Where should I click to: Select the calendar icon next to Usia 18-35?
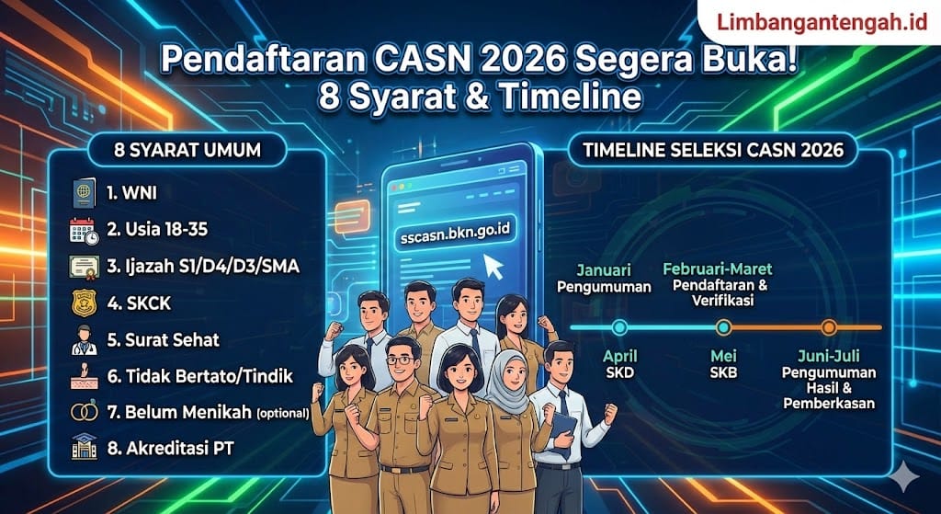(x=84, y=231)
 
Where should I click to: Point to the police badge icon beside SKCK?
(x=84, y=303)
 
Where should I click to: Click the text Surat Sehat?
(x=164, y=339)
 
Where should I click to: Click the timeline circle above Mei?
(x=723, y=326)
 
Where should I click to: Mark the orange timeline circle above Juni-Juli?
(x=828, y=326)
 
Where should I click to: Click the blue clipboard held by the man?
(x=563, y=426)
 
